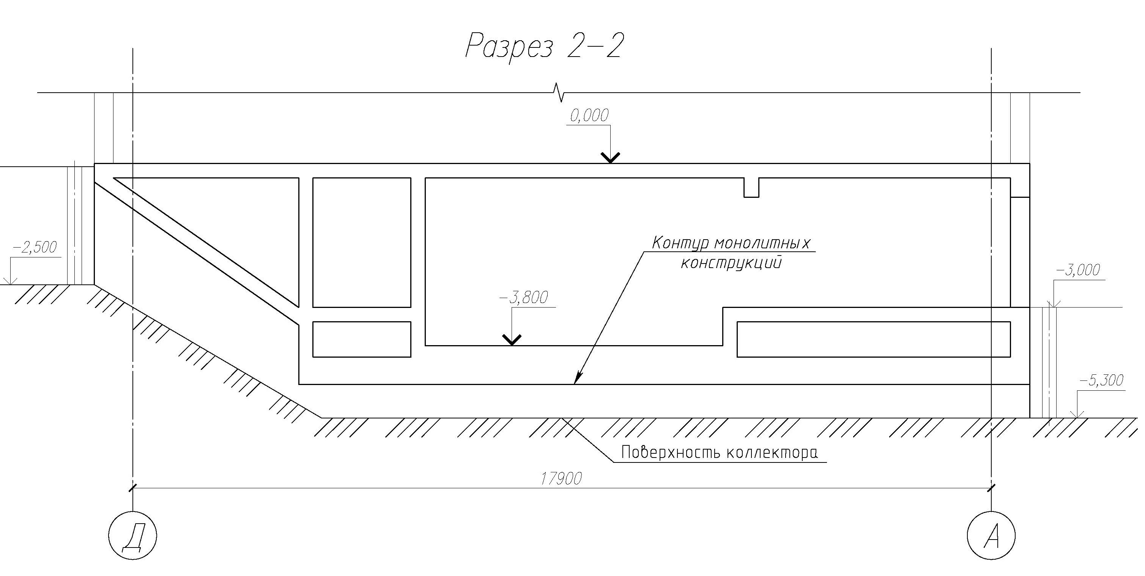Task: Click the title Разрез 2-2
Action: [543, 46]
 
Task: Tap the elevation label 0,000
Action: [589, 116]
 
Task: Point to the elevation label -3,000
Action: [1077, 270]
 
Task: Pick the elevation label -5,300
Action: [1101, 380]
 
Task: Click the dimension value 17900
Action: [561, 478]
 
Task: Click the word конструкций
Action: [731, 263]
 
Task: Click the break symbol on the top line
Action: [558, 93]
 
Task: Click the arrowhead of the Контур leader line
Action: [576, 379]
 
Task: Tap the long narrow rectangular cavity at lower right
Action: [873, 339]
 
